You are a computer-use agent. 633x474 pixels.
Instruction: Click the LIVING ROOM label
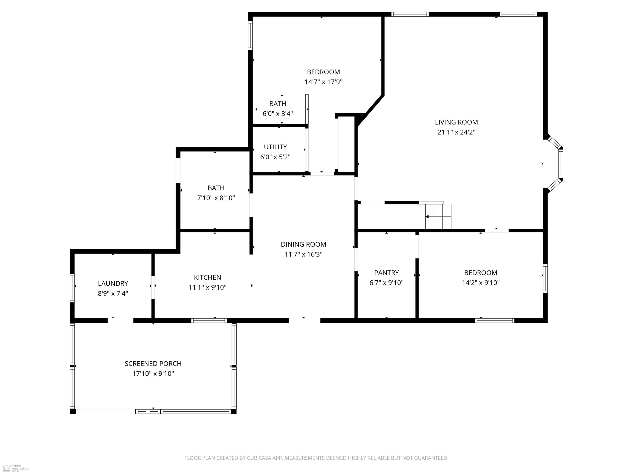tap(456, 122)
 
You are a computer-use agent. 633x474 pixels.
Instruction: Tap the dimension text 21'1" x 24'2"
tap(456, 132)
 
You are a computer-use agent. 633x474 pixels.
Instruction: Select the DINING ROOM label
tap(303, 244)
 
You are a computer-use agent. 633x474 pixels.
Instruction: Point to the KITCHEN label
tap(207, 277)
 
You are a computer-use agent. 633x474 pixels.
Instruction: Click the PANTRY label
tap(386, 273)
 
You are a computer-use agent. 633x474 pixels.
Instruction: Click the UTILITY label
tap(275, 147)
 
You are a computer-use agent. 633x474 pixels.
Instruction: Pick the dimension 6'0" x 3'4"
tap(278, 114)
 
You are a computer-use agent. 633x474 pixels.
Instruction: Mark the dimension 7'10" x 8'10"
tap(216, 198)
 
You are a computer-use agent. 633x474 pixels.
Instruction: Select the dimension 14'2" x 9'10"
tap(480, 283)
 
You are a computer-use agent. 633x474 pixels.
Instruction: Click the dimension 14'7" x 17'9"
tap(323, 82)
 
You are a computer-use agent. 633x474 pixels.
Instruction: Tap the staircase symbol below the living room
tap(438, 216)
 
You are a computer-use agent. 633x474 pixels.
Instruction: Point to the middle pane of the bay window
tap(561, 163)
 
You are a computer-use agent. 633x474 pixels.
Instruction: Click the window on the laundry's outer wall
tap(72, 288)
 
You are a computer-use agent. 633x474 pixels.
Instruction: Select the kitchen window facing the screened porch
tap(209, 321)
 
